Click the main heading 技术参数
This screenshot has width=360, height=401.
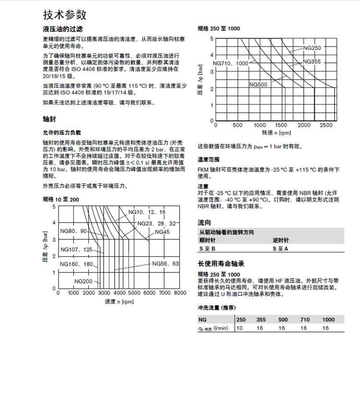[65, 14]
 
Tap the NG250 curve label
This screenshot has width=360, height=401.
[312, 48]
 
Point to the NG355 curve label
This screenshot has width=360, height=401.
[312, 62]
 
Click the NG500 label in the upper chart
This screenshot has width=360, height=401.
[258, 84]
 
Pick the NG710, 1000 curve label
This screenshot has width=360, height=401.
[230, 63]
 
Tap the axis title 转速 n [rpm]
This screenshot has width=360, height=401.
[276, 132]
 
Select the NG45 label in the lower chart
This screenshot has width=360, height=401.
[162, 232]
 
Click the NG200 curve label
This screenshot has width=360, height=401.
[83, 281]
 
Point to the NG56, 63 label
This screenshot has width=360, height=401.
[166, 263]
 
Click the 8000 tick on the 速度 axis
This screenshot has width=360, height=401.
[180, 293]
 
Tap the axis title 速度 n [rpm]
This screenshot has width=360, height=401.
[119, 302]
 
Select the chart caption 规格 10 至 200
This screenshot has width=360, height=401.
[61, 199]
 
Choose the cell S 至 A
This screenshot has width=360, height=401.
[280, 248]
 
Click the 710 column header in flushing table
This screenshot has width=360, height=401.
[304, 319]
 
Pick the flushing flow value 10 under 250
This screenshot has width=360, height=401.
[240, 328]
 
